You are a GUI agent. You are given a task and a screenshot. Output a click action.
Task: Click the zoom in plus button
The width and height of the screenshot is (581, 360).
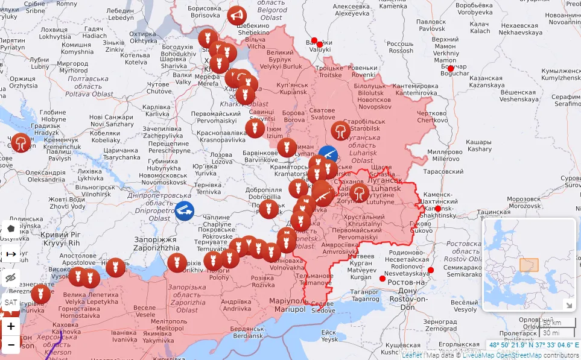(11, 326)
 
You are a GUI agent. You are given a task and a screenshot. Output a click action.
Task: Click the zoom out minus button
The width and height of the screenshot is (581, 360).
(11, 346)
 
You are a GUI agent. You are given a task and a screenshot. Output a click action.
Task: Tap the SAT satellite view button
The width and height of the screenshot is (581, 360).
(11, 302)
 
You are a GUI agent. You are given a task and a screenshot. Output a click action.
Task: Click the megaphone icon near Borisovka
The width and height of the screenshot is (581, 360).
(238, 14)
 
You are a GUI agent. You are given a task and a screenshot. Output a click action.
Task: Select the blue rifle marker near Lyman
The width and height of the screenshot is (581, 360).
(328, 155)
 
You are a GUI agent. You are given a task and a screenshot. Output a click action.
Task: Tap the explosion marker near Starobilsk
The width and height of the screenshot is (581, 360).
(341, 131)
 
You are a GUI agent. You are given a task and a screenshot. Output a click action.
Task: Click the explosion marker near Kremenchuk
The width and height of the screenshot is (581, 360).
(21, 143)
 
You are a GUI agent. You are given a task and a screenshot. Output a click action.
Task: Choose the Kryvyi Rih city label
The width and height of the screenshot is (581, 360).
(60, 239)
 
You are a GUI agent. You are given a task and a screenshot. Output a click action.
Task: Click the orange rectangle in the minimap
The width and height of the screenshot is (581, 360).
(529, 265)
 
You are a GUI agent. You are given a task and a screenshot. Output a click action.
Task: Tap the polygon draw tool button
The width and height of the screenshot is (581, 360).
(11, 229)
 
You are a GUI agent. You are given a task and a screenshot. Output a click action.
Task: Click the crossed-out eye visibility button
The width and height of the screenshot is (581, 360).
(11, 278)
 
